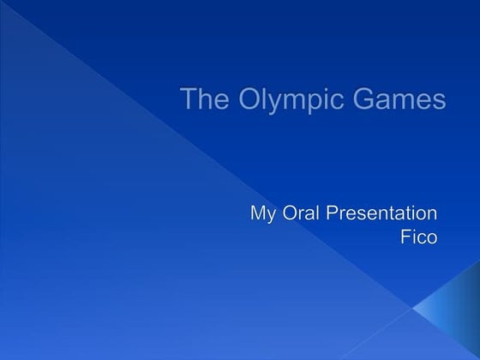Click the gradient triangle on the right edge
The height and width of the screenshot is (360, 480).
pos(459,309)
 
